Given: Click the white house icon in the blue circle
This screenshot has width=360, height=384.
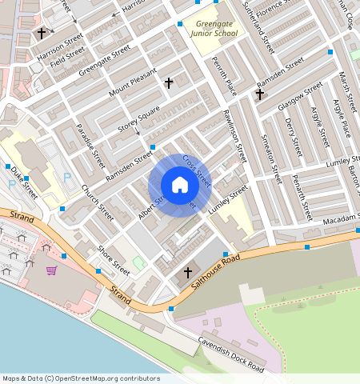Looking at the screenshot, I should tap(180, 186).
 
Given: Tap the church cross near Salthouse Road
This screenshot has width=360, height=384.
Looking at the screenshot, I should tap(188, 273).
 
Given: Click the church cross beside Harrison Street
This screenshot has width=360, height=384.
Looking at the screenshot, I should tap(41, 34).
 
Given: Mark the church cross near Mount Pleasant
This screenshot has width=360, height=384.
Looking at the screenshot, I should tap(169, 82).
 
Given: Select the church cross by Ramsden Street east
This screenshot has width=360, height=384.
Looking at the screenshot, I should tap(259, 94).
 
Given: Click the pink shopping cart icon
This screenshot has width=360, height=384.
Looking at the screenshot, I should tap(52, 270).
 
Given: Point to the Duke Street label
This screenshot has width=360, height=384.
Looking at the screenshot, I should tap(24, 182).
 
